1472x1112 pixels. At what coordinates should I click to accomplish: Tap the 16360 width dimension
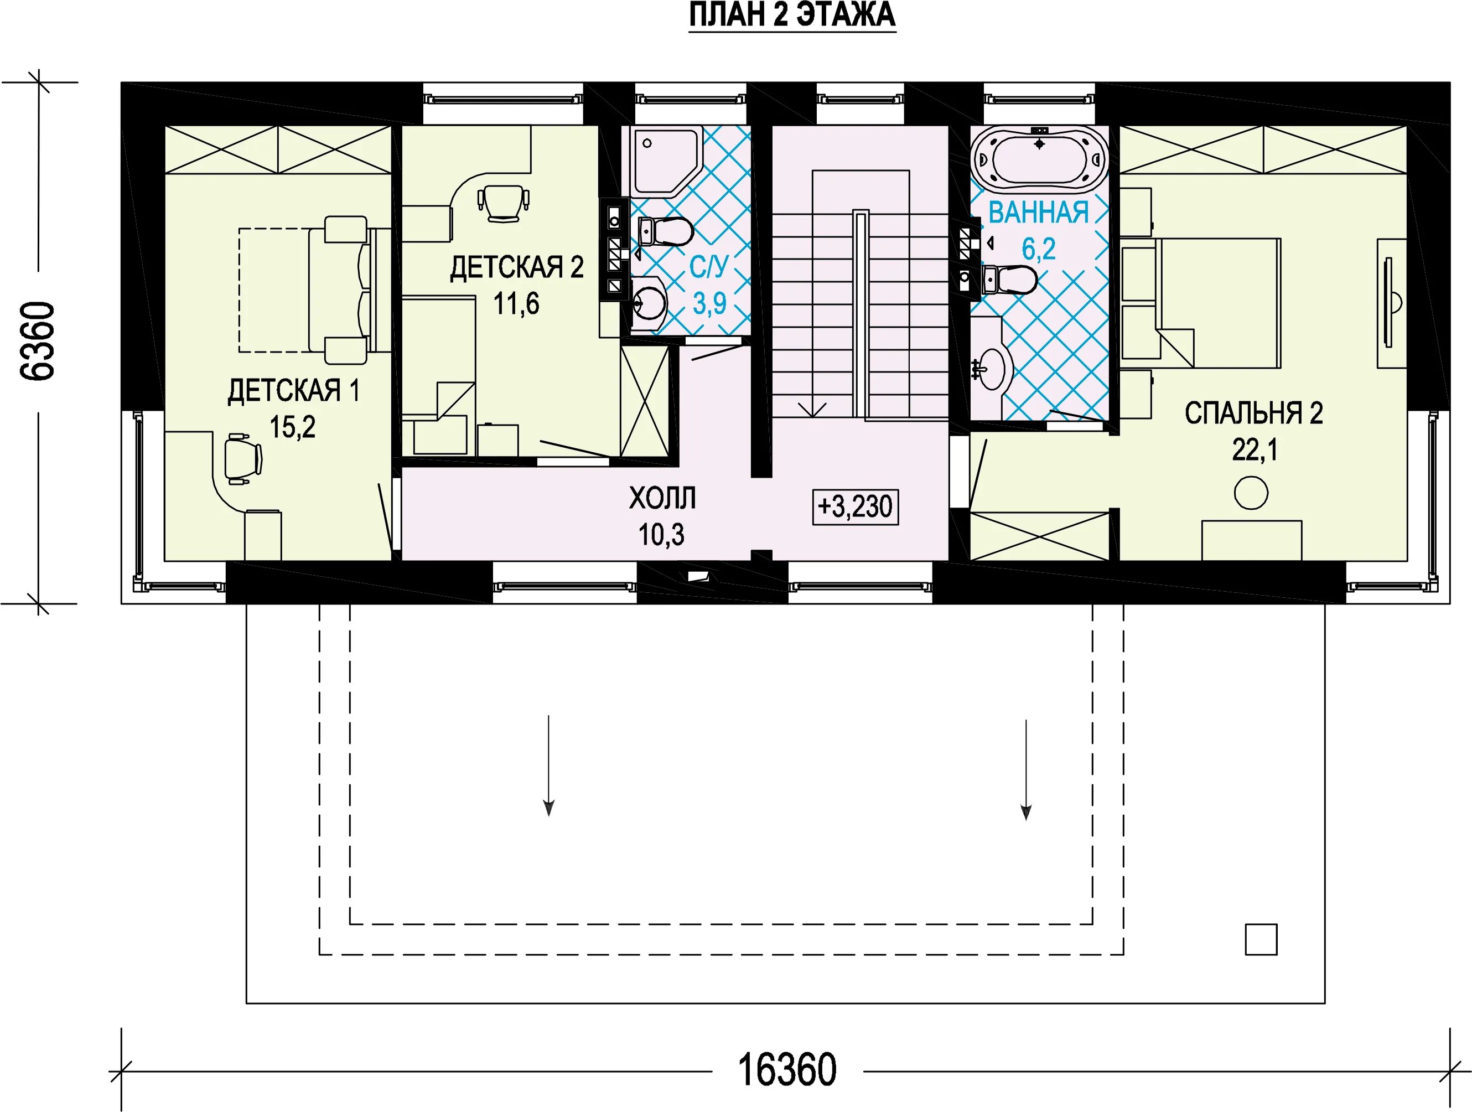[787, 1070]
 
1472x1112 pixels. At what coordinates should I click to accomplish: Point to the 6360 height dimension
[38, 342]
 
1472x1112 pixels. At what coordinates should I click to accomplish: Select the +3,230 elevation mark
[855, 507]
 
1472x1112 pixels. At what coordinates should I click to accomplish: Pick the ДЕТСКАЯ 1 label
[293, 391]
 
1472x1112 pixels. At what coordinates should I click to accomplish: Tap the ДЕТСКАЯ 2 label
[517, 267]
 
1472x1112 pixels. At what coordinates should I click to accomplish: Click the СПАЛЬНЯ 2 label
[1254, 413]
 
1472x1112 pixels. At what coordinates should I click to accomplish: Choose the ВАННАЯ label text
[1038, 213]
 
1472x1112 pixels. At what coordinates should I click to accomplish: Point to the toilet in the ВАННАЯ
[1009, 280]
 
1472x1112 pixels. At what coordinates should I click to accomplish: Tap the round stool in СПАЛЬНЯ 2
[1251, 493]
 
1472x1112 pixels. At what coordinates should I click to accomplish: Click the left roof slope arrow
[549, 766]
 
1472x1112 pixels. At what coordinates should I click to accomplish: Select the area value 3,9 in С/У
[709, 304]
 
